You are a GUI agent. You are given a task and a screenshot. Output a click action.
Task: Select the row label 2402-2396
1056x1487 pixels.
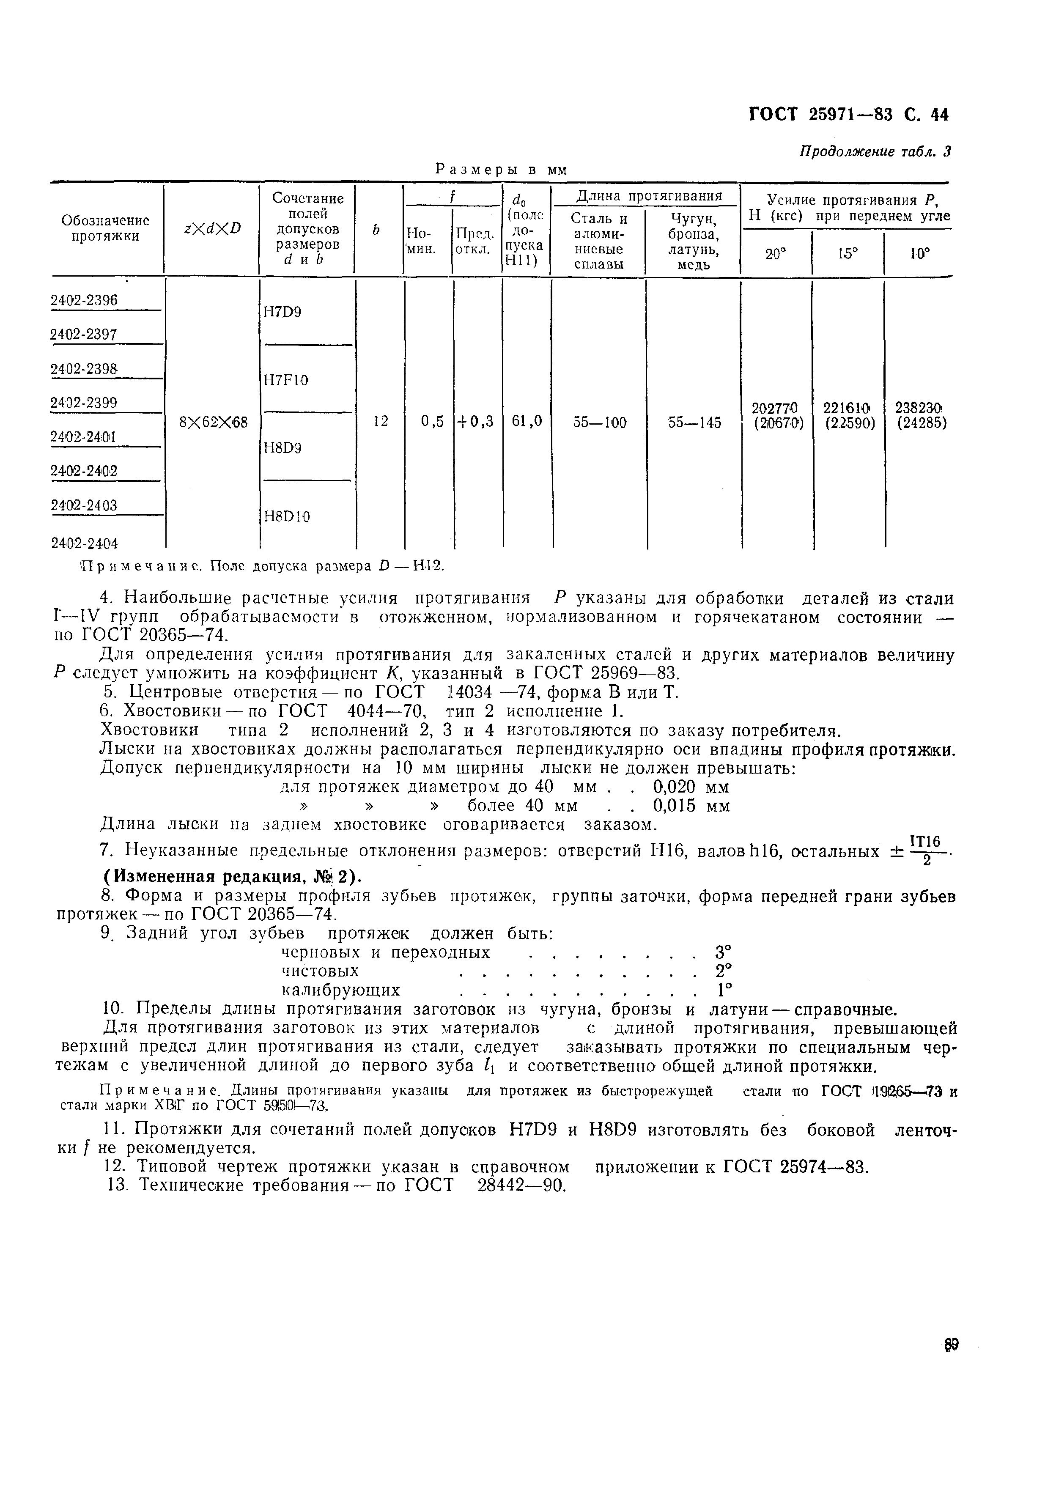84,300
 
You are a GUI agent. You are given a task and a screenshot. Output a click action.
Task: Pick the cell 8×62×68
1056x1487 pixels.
213,423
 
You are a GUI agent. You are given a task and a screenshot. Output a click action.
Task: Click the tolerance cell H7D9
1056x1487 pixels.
282,312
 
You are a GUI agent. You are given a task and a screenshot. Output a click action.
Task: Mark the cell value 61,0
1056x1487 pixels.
526,422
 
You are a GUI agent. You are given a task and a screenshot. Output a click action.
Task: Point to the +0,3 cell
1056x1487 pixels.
477,422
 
